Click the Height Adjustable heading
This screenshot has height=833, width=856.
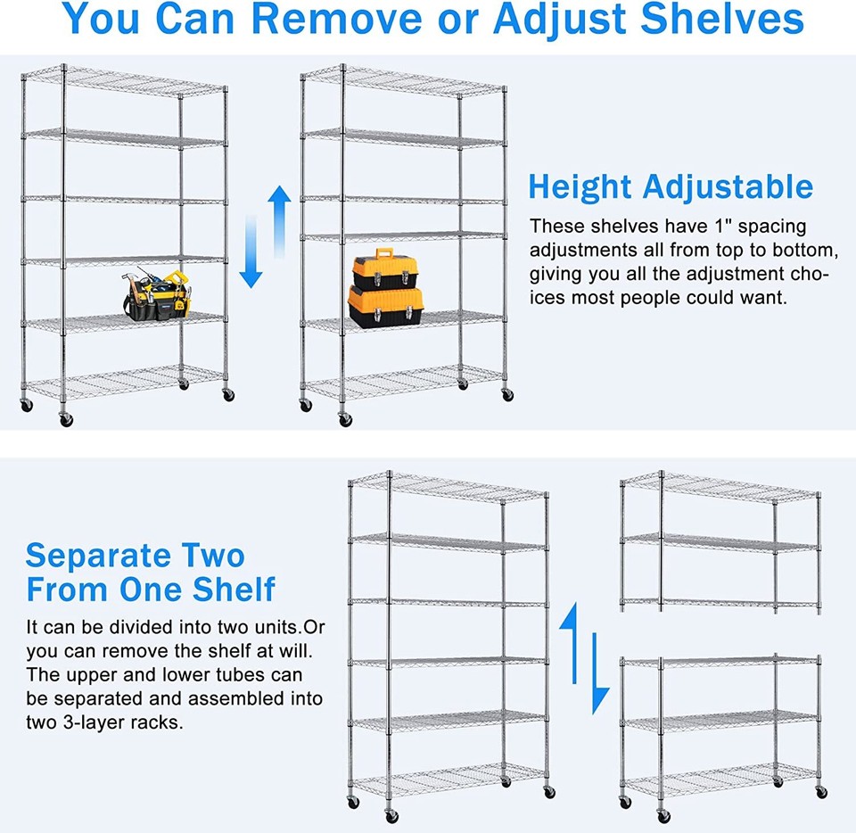(x=671, y=187)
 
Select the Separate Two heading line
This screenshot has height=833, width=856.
(x=135, y=556)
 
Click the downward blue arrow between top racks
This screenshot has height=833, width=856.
(x=251, y=265)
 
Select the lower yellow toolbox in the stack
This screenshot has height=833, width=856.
(x=385, y=306)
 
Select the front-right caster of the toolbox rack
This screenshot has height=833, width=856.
(x=507, y=394)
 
